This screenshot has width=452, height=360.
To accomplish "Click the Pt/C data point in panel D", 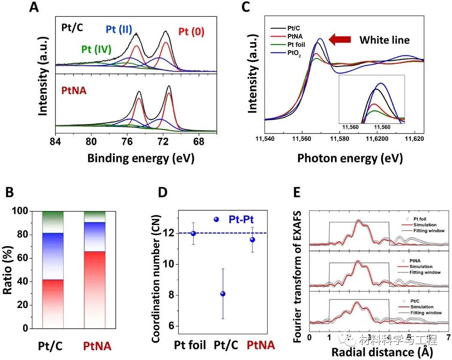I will click(x=222, y=294).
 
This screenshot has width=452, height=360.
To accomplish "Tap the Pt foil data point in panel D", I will click(x=193, y=233).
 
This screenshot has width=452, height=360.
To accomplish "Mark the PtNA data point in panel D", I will click(x=252, y=240).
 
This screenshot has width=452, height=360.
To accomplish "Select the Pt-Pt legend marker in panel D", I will click(x=216, y=220).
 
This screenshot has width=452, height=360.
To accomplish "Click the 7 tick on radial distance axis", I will click(x=448, y=338).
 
